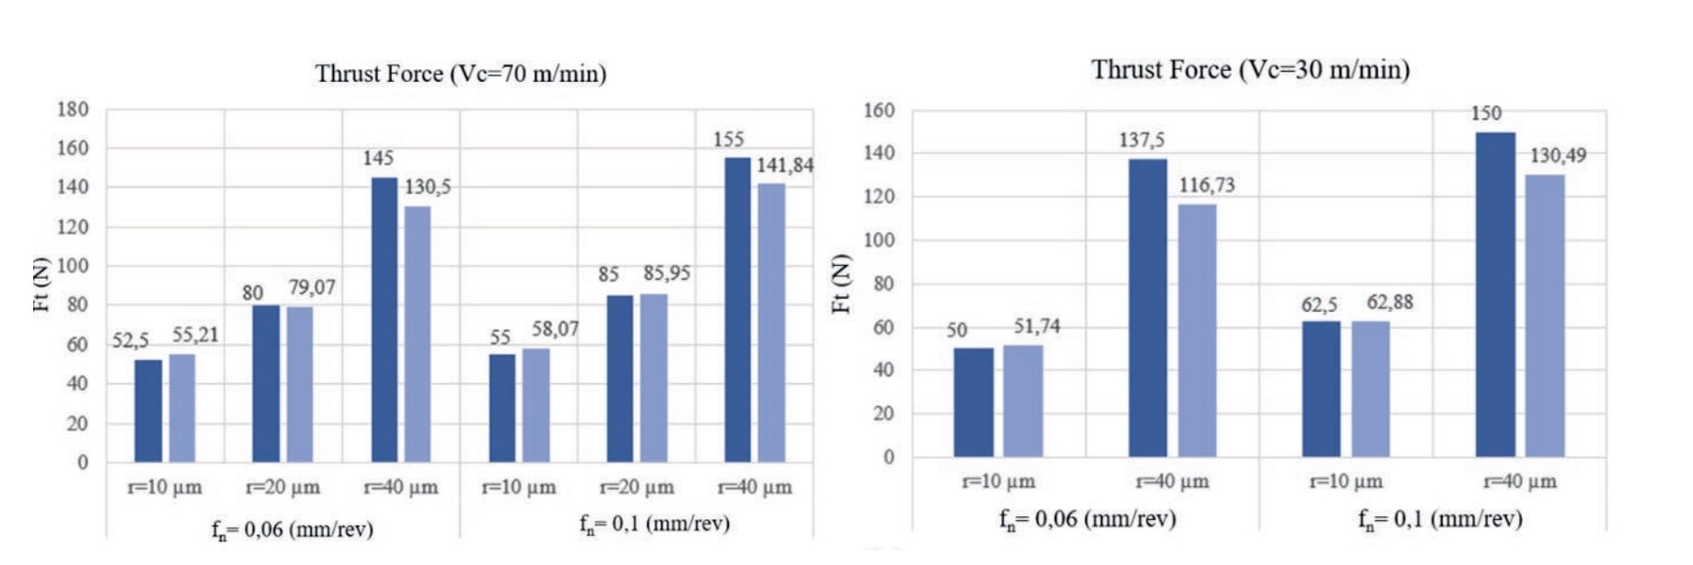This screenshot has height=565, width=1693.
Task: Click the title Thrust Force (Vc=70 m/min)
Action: point(461,74)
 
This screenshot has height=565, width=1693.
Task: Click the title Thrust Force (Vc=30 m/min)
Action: point(1250,70)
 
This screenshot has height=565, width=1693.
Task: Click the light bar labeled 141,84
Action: point(771,323)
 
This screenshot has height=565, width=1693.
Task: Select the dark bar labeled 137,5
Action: point(1147,308)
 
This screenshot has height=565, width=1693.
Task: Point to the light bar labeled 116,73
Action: point(1197,330)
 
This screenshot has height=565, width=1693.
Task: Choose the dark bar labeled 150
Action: point(1495,294)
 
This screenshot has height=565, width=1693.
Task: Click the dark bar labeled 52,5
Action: point(148,410)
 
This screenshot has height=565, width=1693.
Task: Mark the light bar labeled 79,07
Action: point(300,384)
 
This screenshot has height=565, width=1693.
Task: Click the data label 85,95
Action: point(667,273)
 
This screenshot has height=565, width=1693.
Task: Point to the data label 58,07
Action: point(555,329)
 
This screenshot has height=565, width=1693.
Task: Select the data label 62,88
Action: point(1389,302)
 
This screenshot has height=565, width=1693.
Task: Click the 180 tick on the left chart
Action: point(73,110)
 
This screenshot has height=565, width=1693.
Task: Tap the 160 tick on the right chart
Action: point(879,110)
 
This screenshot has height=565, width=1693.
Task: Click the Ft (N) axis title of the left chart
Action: point(40,284)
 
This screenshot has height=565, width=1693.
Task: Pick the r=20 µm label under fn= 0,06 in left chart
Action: point(282,487)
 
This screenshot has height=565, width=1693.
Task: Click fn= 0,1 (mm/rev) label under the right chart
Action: point(1440,519)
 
